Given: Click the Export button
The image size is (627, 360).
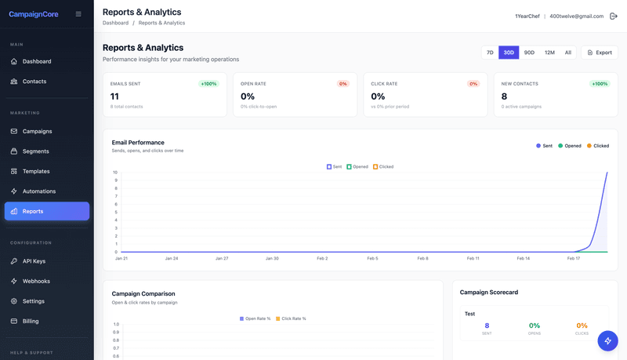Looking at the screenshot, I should coord(600,53).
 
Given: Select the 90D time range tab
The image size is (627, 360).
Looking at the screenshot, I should coord(529,53).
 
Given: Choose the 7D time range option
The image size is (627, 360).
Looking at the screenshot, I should coord(490,53).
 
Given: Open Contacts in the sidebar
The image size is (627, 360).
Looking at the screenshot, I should coord(34,82).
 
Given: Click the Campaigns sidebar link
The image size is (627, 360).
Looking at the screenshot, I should coord(37,132).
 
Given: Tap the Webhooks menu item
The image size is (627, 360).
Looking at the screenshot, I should coord(36,282).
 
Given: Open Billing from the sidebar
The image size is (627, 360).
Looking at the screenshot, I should coord(31,322).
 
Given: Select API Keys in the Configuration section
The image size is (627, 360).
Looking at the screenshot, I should coord(34,261).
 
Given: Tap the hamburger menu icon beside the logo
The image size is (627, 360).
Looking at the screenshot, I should coord(78,14).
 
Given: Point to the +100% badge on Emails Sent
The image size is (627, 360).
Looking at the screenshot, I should coord(209,83).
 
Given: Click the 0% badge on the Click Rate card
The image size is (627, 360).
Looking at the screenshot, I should coord(473,83).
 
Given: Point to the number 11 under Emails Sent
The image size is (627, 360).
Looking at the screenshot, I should coord(114,96).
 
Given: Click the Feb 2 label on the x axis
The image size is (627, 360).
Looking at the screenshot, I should coord(322,258).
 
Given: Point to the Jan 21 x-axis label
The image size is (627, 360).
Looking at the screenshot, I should coord(121,258).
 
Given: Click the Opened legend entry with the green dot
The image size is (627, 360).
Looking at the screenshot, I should coord(570,146).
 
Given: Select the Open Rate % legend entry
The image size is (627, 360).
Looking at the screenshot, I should coord(255,318).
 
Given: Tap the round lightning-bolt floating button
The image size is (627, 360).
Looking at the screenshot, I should coord(608,340).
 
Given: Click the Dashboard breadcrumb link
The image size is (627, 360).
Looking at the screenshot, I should coord(115,23).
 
